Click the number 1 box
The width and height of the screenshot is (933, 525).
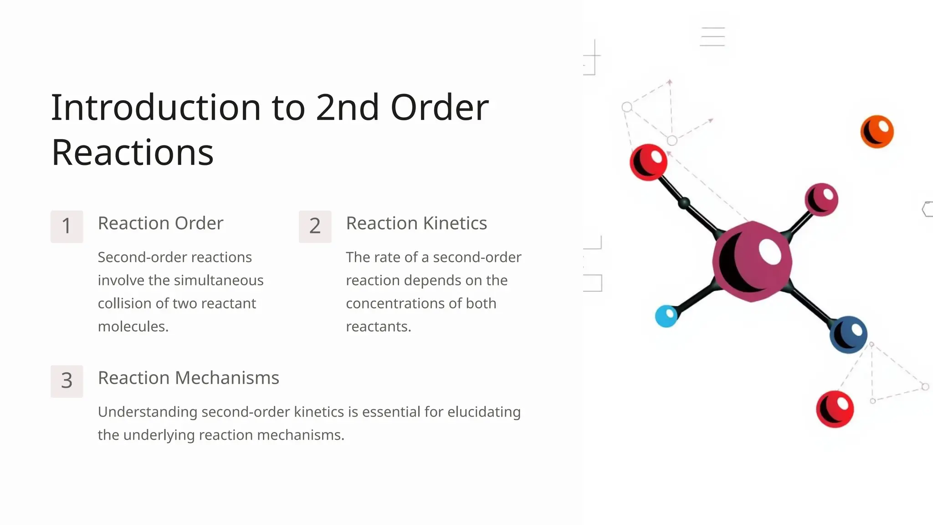point(67,226)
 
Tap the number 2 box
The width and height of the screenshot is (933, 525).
point(315,226)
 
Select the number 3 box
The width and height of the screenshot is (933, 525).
point(67,381)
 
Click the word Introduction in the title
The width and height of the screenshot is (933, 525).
point(155,108)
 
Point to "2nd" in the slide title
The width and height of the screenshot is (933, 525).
point(347,108)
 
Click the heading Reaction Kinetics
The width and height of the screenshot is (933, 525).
point(416,223)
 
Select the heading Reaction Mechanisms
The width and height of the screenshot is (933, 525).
point(188,378)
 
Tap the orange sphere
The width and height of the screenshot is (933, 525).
point(877,132)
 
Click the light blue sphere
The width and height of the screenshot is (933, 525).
point(666,316)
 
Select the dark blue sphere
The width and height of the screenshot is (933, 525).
point(848,335)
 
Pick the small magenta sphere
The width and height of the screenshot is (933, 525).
point(821,199)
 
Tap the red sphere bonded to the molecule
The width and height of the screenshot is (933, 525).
point(648,162)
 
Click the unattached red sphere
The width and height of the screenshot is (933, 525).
point(835,409)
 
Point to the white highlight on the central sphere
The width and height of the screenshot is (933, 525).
point(770,251)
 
